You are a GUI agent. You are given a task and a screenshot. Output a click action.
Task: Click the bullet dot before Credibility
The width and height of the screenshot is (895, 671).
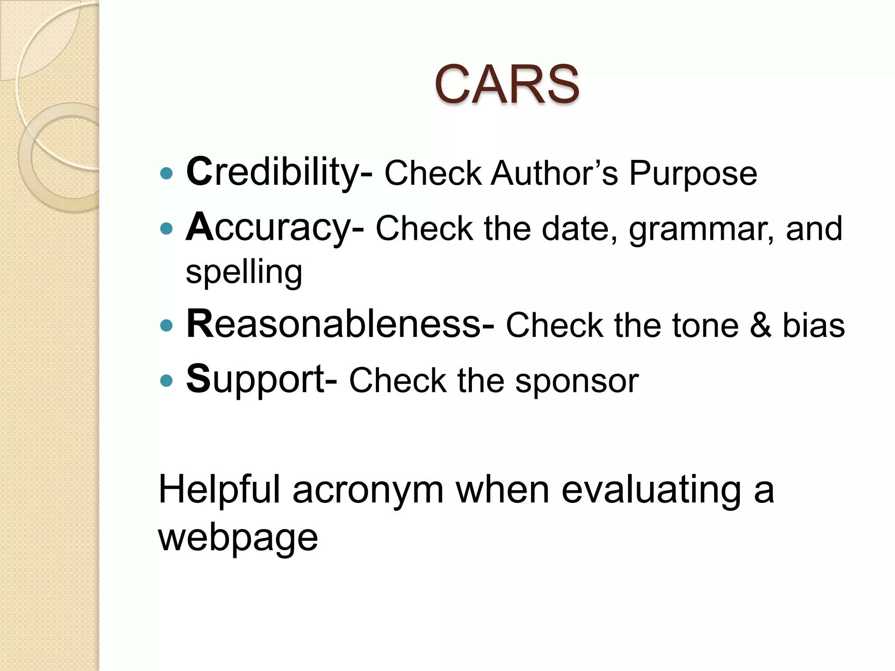coord(167,174)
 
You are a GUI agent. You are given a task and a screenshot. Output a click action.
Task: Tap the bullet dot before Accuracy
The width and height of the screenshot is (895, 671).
coord(167,228)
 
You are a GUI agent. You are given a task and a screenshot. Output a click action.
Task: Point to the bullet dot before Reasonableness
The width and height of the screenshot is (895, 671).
coord(167,326)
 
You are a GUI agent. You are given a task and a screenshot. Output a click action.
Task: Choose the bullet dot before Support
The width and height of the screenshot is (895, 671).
coord(167,380)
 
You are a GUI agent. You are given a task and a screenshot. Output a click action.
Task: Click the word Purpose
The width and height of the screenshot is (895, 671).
coord(693,174)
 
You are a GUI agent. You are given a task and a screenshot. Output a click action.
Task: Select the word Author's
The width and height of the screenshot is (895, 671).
coord(554,173)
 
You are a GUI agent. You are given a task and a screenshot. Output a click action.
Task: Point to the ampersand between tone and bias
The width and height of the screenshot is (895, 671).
coord(760,325)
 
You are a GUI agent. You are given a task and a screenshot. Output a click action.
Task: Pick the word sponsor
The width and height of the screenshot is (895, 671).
coord(577,381)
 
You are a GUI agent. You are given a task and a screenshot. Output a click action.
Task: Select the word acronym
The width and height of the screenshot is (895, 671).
coord(368,491)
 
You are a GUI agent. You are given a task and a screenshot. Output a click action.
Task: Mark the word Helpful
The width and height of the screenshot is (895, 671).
coord(219,490)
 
